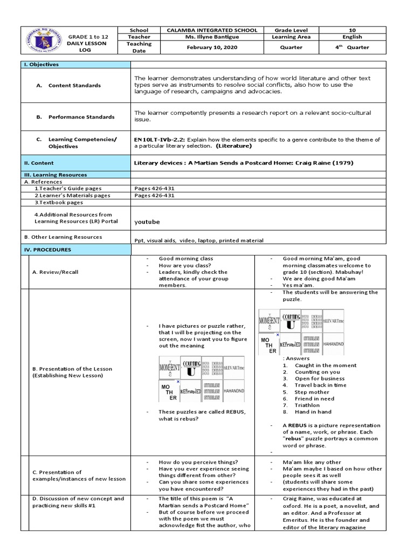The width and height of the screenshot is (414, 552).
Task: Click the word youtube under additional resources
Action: pyautogui.click(x=147, y=222)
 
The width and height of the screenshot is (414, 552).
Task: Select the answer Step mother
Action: pyautogui.click(x=312, y=392)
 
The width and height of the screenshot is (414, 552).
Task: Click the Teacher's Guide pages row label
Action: pyautogui.click(x=68, y=189)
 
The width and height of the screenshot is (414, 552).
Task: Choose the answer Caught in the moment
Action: pyautogui.click(x=325, y=365)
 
